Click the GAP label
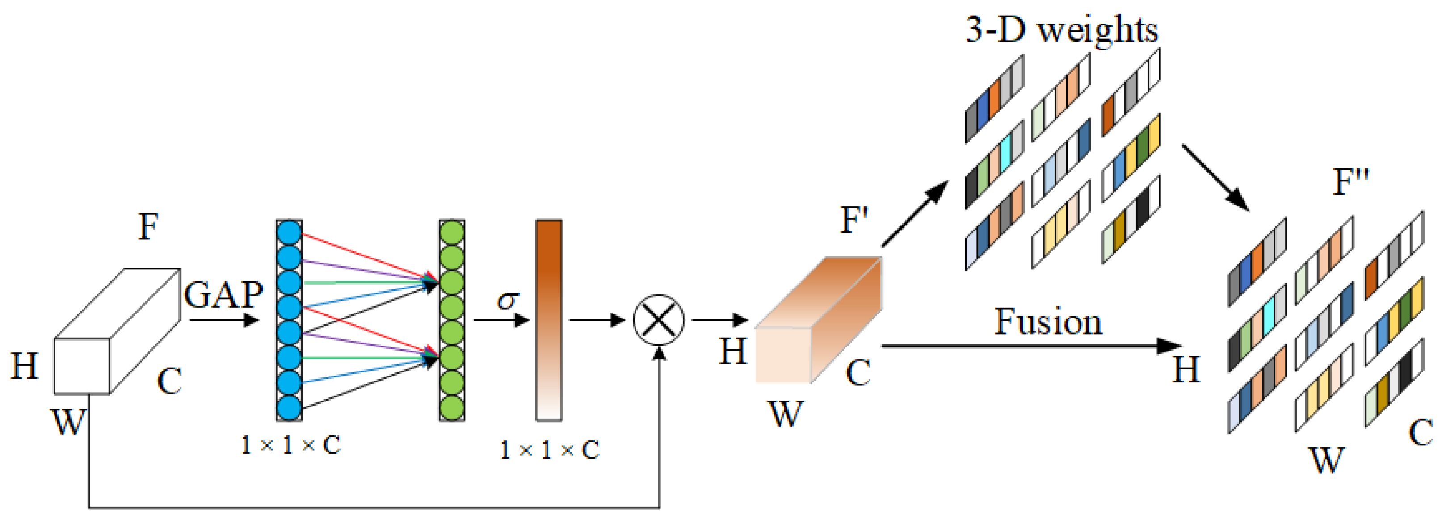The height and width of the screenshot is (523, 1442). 223,295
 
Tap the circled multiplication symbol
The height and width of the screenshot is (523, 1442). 658,320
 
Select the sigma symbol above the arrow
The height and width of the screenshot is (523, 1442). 508,301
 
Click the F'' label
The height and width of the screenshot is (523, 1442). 1351,181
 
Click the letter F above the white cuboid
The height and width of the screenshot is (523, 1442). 148,226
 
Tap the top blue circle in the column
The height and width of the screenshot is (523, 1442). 289,233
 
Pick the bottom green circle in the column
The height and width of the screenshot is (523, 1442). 452,407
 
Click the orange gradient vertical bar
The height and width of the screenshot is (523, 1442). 549,319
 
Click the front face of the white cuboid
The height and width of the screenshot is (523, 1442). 82,366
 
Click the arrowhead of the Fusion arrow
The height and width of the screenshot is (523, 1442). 1170,346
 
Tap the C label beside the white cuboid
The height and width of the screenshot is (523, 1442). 170,381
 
